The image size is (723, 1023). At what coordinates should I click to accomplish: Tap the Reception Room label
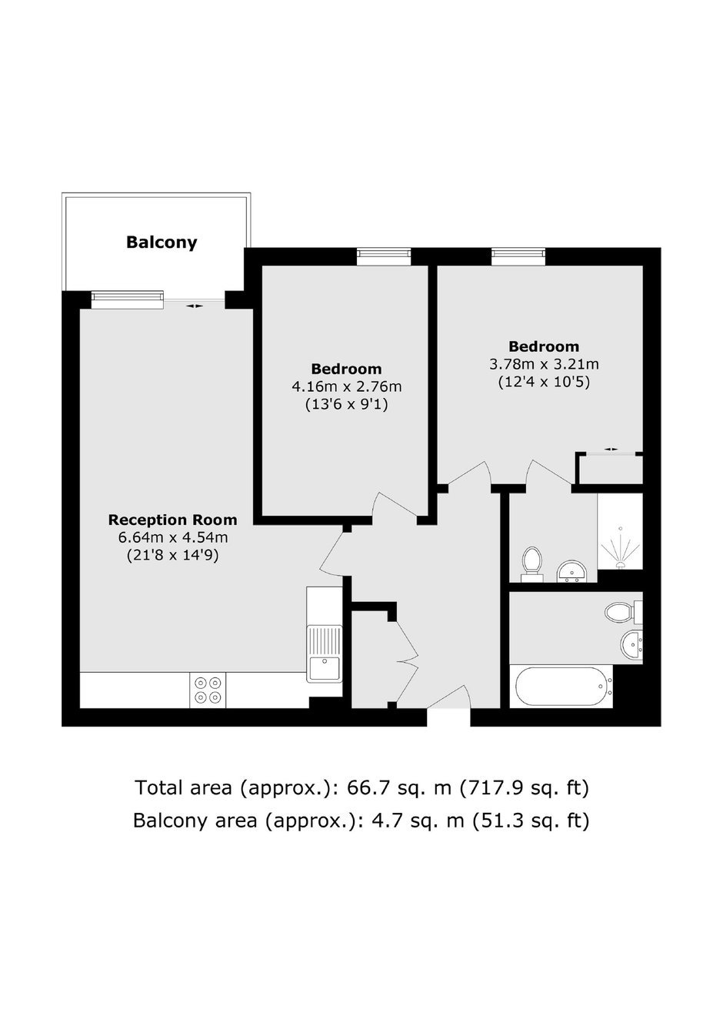click(x=172, y=520)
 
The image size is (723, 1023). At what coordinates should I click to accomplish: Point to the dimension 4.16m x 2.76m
click(x=346, y=387)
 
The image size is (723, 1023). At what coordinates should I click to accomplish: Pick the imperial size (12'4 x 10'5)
click(x=544, y=382)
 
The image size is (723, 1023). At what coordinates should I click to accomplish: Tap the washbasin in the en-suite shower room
click(x=572, y=571)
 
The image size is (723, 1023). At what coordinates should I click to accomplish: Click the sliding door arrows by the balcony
click(x=195, y=306)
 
